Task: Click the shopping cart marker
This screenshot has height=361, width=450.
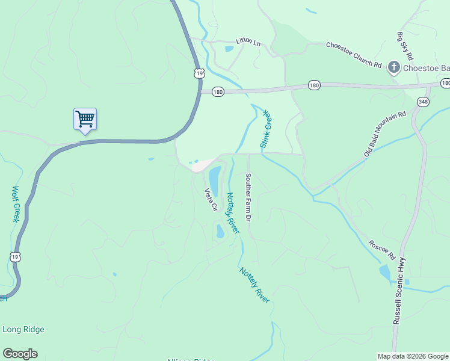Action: click(x=85, y=119)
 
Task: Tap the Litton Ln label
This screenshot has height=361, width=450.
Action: click(x=249, y=42)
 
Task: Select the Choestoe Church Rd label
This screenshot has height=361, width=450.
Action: click(x=354, y=55)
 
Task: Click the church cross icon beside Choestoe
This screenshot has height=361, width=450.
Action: click(x=394, y=67)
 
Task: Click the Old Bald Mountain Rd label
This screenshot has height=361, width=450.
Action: click(x=385, y=134)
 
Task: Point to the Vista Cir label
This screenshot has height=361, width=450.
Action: click(x=211, y=200)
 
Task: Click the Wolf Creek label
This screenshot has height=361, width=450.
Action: click(x=16, y=204)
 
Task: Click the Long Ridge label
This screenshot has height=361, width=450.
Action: click(x=23, y=329)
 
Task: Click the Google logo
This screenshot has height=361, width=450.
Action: click(x=20, y=354)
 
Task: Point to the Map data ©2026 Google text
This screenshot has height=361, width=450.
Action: click(x=412, y=356)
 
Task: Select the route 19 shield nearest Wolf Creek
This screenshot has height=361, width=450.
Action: click(x=16, y=257)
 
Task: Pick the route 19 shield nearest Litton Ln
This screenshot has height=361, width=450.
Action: click(x=199, y=73)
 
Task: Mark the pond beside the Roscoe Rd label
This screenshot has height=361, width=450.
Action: click(x=384, y=273)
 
